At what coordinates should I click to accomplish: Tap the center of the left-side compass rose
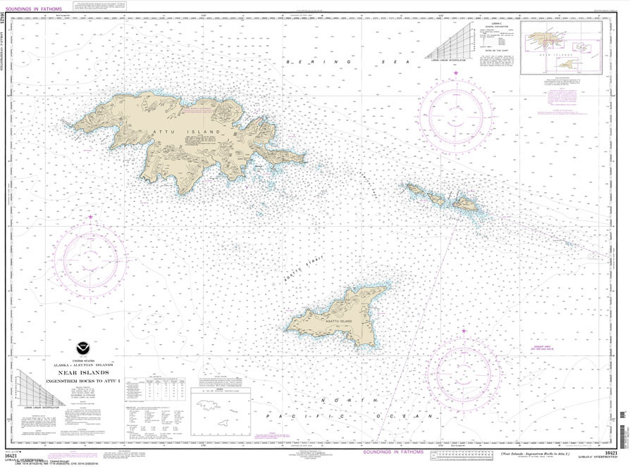[91, 251]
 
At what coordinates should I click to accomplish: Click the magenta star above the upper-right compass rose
[455, 73]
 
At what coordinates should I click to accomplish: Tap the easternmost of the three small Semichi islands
[465, 204]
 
